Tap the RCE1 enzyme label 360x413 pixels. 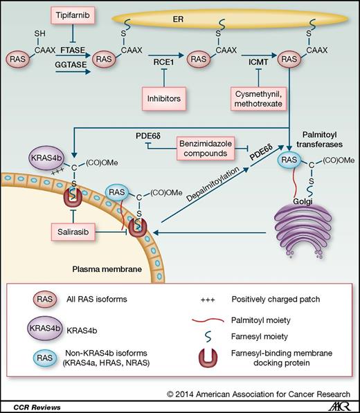click(161, 71)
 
